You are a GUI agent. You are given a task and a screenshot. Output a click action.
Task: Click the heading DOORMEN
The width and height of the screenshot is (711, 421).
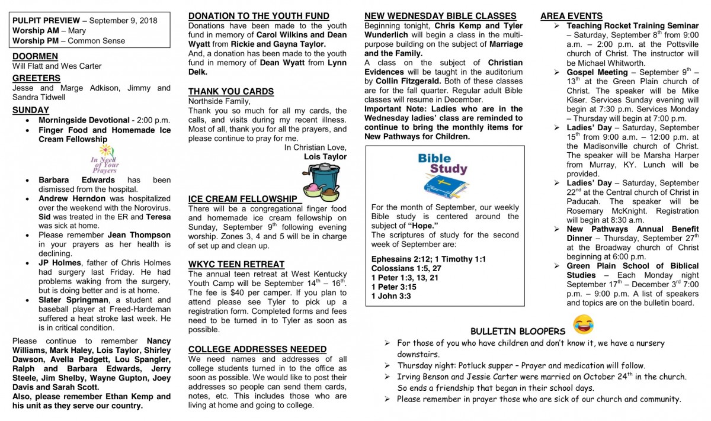click(35, 56)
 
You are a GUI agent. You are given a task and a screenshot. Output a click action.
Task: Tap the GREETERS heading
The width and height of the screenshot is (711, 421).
click(36, 78)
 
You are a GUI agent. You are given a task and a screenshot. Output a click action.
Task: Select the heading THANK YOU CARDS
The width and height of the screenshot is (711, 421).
click(230, 91)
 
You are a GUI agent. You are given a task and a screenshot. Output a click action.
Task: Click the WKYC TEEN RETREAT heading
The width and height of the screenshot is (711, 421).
click(236, 264)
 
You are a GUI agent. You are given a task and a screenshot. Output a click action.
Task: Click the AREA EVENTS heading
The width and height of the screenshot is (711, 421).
click(571, 17)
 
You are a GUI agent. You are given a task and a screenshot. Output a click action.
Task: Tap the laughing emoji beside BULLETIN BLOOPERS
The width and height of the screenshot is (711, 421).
click(583, 324)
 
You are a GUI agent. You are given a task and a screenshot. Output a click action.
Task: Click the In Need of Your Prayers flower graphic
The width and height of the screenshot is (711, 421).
click(105, 158)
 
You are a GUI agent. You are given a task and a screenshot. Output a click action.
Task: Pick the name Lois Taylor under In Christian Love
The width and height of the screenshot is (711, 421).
click(325, 157)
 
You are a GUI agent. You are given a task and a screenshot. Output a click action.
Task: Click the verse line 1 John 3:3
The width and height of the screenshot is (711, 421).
click(391, 296)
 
